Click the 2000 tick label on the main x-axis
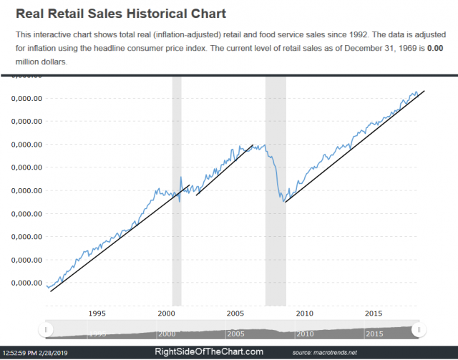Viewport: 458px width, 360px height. pos(166,313)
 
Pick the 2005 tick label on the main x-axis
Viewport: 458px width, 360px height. pos(235,313)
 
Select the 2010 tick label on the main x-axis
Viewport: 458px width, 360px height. pos(304,313)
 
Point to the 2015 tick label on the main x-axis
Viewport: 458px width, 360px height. pos(374,313)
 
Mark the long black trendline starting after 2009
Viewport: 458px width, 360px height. pos(354,146)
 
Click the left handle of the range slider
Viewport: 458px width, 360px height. pos(47,330)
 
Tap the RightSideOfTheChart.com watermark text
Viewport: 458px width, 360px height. pos(209,352)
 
